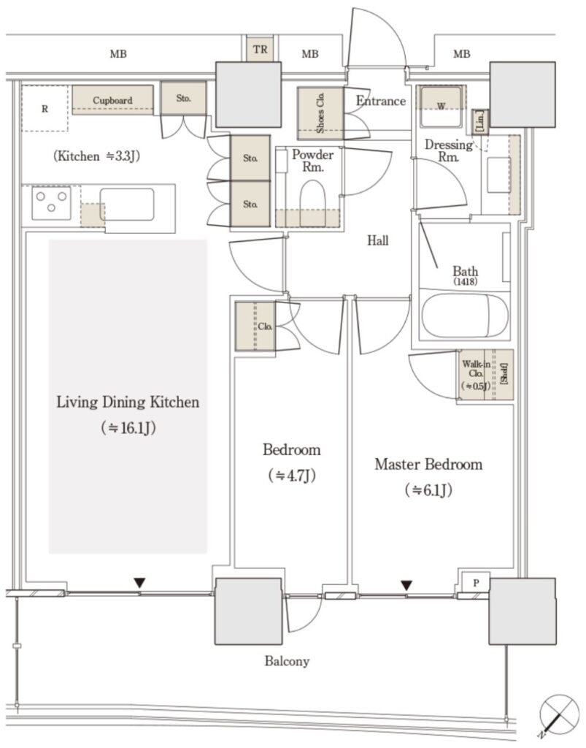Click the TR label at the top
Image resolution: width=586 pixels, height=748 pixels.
click(x=260, y=49)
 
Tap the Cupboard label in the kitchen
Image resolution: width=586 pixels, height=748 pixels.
click(x=112, y=100)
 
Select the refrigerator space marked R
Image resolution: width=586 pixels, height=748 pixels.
click(x=45, y=109)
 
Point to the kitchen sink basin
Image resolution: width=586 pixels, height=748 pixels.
click(x=127, y=205)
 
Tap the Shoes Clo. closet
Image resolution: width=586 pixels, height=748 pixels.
click(x=320, y=113)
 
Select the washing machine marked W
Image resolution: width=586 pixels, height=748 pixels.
click(x=441, y=107)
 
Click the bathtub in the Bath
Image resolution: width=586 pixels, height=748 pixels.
click(x=464, y=316)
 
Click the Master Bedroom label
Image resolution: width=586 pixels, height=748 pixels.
click(x=428, y=464)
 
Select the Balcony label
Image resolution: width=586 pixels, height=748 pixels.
click(x=287, y=661)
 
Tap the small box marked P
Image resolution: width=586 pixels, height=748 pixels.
click(x=476, y=582)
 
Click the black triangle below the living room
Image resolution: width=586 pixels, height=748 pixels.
click(x=139, y=583)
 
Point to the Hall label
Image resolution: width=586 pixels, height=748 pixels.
click(x=378, y=240)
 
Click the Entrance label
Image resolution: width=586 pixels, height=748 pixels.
click(x=381, y=101)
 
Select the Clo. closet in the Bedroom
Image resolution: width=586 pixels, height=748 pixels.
click(x=255, y=327)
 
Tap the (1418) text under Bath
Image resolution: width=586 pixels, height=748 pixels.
click(x=466, y=281)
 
